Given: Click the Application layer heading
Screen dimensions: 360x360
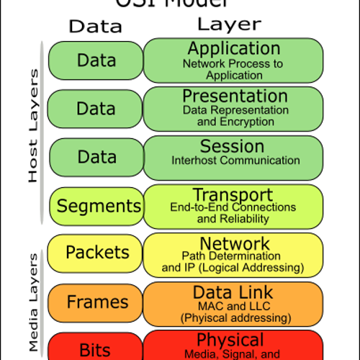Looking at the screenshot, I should (x=233, y=49).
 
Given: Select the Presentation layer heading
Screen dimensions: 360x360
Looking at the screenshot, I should (x=235, y=96).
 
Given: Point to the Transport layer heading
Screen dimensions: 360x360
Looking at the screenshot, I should (x=233, y=195).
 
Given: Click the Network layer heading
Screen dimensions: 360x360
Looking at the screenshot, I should (x=235, y=243).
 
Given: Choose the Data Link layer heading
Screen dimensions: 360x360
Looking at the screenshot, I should (x=233, y=292).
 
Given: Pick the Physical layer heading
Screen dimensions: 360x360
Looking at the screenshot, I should (x=230, y=340).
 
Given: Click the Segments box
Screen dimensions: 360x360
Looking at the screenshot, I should (x=99, y=206).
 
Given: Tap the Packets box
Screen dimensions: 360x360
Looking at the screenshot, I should (x=97, y=253).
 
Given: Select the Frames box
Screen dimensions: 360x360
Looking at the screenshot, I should (x=97, y=302).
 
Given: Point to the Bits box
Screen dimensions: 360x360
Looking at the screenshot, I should (x=95, y=349).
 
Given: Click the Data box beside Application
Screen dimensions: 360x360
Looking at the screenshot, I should (x=96, y=60).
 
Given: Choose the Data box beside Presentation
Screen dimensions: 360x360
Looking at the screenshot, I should (x=96, y=109).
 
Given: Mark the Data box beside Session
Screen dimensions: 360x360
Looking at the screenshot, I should (x=96, y=157).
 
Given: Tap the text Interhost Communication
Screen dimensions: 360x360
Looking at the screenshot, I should (x=235, y=161).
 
